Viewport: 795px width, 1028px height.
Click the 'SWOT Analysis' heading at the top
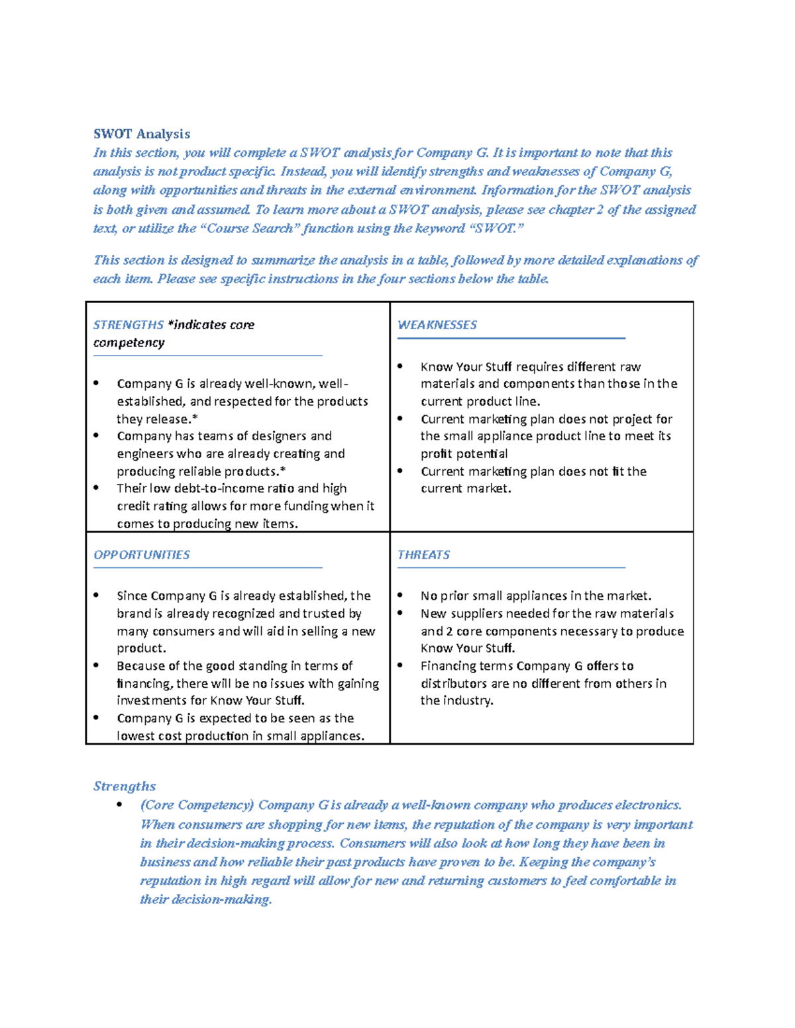coord(141,134)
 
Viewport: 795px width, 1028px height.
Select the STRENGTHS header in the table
coord(128,325)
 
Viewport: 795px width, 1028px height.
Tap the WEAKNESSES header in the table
coord(437,325)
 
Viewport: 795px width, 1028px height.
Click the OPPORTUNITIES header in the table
coord(141,555)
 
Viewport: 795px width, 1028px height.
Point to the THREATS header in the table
coord(423,555)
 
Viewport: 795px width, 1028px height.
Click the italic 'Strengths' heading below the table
coord(125,786)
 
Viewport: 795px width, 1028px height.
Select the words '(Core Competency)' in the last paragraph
coord(197,805)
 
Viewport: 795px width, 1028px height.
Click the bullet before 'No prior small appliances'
coord(400,596)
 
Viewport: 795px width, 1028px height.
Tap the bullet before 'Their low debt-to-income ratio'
coord(97,488)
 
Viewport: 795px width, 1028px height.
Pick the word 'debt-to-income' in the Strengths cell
coord(213,489)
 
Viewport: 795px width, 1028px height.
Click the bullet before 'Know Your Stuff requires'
coord(400,366)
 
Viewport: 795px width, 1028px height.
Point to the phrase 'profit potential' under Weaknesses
coord(464,454)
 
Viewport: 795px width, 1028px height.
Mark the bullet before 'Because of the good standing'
coord(97,665)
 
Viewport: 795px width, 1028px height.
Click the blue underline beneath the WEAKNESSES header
coord(511,338)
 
